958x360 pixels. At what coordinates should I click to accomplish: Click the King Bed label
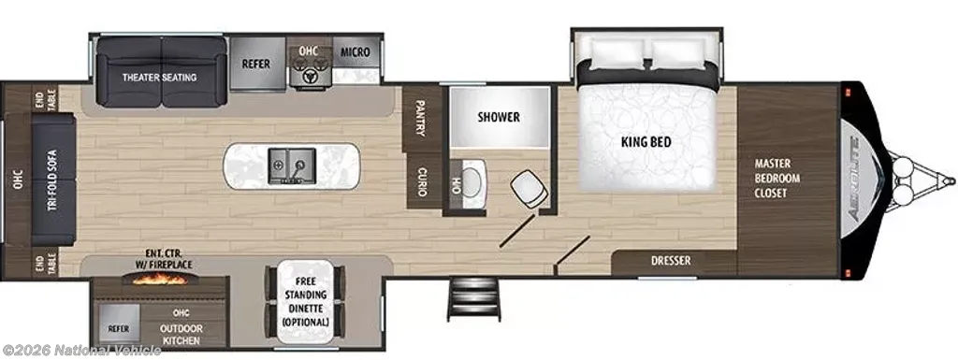[646, 142]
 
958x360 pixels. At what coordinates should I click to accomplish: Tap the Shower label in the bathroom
[499, 117]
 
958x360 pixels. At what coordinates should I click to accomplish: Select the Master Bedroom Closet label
[777, 179]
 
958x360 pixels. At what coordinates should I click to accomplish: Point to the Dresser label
[670, 261]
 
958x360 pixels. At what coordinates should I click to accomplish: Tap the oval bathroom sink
[472, 182]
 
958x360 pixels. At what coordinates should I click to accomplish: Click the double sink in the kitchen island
[292, 166]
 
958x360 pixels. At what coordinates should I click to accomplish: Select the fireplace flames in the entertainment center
[161, 279]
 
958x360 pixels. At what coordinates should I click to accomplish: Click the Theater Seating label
[159, 78]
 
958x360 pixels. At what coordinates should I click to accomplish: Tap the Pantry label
[420, 119]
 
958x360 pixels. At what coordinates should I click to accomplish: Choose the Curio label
[421, 181]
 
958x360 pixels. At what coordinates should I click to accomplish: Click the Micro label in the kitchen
[355, 52]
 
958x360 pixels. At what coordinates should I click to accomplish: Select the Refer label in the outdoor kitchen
[119, 328]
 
